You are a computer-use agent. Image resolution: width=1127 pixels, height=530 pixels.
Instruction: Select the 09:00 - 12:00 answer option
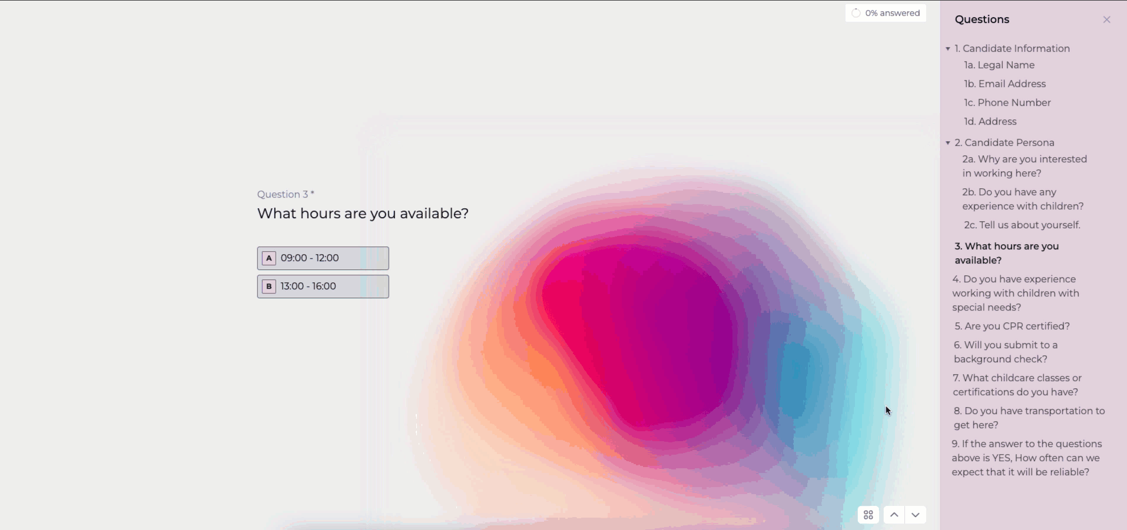323,258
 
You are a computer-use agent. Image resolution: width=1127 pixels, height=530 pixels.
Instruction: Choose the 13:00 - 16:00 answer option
323,286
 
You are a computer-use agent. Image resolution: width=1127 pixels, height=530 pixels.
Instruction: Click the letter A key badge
269,258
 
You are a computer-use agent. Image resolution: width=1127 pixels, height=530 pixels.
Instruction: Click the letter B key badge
269,286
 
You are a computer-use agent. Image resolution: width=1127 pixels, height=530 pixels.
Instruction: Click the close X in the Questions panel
1107,19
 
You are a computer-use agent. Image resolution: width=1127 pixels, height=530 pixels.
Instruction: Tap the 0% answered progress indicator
886,13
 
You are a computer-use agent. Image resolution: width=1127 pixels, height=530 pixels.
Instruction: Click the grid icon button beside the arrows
869,515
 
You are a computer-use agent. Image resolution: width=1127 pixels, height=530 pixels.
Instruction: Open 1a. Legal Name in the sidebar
999,65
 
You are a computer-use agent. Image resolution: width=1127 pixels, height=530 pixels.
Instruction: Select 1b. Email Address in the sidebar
1005,84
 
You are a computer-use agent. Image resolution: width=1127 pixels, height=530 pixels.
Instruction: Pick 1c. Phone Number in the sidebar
1007,102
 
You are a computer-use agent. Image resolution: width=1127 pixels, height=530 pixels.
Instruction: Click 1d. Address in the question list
990,121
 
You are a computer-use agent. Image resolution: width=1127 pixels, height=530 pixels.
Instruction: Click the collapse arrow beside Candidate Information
948,49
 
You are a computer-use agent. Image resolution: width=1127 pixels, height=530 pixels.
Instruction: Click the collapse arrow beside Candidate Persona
948,143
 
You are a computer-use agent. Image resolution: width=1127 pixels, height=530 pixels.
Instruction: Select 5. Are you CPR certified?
1012,326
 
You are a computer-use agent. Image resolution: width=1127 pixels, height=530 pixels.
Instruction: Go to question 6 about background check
1006,352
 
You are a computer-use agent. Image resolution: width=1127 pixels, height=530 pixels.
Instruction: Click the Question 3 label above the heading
286,194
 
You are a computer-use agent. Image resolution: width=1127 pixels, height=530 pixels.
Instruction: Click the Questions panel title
982,19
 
